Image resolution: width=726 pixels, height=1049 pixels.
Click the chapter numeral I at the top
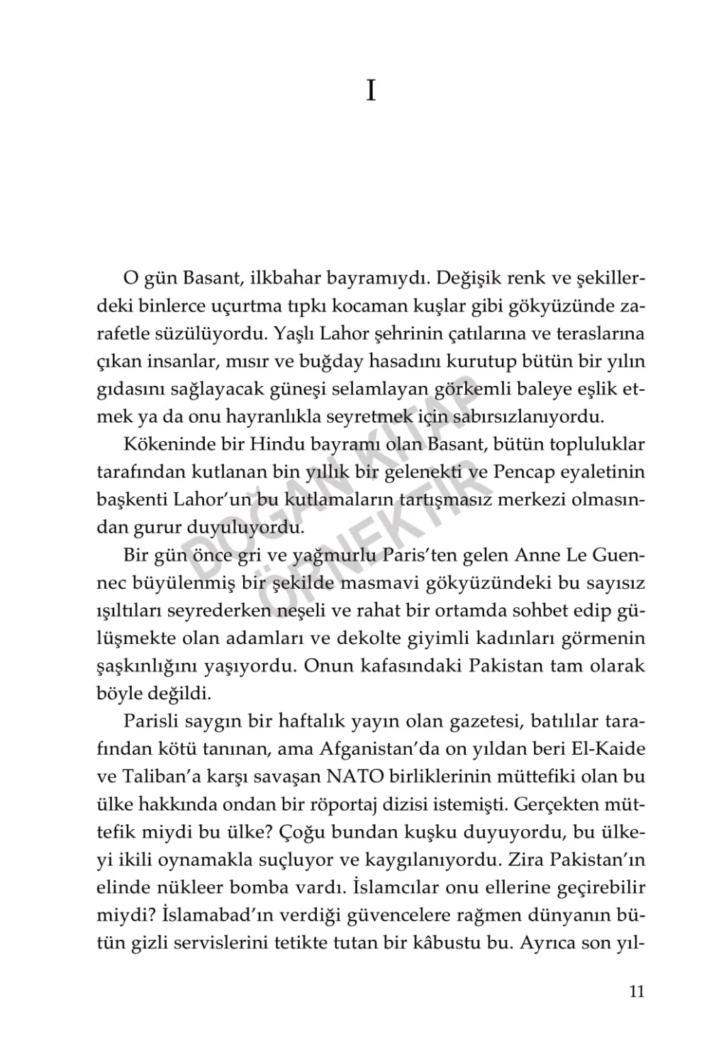point(370,91)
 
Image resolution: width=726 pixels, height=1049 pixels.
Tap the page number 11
point(636,992)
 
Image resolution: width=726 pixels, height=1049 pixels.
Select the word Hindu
point(272,445)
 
